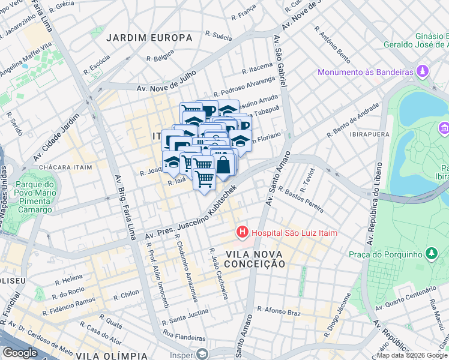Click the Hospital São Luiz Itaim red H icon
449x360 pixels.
pyautogui.click(x=243, y=232)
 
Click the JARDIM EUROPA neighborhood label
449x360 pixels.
pyautogui.click(x=149, y=38)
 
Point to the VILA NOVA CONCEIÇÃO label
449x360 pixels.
pyautogui.click(x=254, y=259)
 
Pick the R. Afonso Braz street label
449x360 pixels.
pyautogui.click(x=278, y=310)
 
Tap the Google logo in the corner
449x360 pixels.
pyautogui.click(x=20, y=353)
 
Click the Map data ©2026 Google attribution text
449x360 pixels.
pyautogui.click(x=412, y=355)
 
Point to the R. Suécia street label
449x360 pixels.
pyautogui.click(x=218, y=37)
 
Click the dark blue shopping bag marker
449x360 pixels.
pyautogui.click(x=223, y=166)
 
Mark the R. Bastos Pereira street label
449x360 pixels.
pyautogui.click(x=304, y=200)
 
